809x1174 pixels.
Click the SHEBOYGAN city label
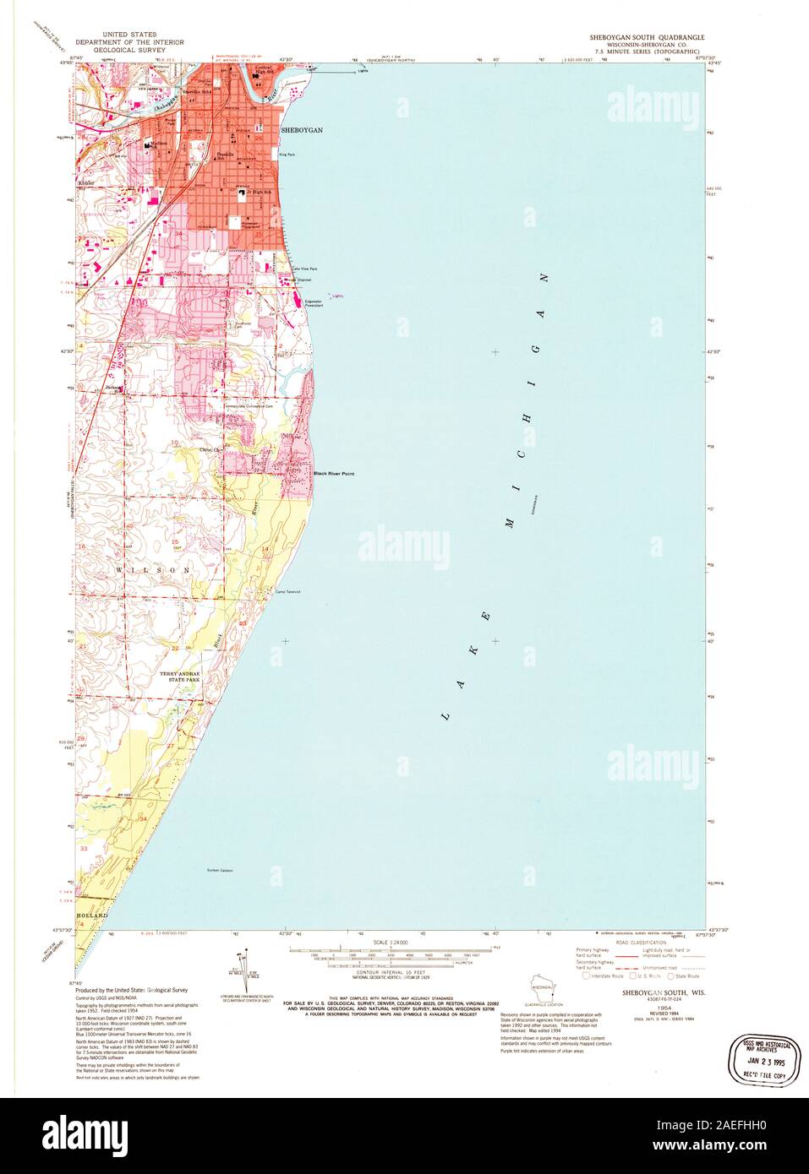point(302,131)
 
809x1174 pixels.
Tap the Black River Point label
point(334,474)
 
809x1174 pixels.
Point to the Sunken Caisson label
point(219,870)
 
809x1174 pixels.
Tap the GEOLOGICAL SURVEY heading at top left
point(115,50)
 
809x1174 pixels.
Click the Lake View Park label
point(304,269)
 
